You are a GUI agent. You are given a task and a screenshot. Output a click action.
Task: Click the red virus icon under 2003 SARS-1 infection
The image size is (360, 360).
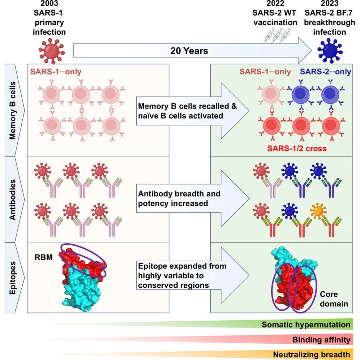coord(52,51)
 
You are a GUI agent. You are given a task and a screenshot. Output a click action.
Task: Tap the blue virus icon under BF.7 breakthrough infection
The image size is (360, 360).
coord(330,51)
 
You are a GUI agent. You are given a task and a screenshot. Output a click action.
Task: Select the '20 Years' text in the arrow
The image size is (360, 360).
coord(189,51)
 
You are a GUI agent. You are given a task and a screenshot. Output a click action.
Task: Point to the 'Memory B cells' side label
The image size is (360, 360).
coord(12,110)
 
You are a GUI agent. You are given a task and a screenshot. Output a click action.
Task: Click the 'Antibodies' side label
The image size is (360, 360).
coord(12,200)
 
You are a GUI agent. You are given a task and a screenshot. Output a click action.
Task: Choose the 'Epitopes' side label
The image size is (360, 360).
coord(12,278)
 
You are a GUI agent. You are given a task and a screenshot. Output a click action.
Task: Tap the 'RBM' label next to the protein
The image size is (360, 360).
coord(43,257)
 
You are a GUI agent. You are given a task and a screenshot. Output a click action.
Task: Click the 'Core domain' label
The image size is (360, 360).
coord(334,299)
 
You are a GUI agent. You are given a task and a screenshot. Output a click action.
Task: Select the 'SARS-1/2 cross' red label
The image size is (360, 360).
coord(297,148)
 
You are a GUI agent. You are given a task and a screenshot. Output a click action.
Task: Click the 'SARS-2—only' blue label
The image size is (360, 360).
coord(326,72)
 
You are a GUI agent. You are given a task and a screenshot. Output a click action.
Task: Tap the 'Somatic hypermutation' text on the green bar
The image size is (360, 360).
coord(306,325)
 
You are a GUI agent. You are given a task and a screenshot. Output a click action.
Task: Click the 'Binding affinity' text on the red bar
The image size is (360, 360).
coord(321,339)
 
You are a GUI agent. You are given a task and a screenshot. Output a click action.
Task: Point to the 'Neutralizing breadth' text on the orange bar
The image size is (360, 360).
coord(312,354)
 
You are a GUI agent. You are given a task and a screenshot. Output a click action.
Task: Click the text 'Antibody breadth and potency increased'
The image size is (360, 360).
coord(179,198)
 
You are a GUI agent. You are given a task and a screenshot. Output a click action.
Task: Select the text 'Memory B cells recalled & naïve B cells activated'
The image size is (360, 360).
coord(187,111)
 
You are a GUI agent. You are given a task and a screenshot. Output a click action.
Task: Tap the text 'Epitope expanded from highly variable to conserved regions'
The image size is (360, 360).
coord(182,275)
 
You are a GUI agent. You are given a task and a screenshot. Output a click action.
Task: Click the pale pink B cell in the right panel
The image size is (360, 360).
coord(271,94)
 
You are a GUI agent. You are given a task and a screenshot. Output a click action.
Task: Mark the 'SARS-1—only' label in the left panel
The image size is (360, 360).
coord(56,72)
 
